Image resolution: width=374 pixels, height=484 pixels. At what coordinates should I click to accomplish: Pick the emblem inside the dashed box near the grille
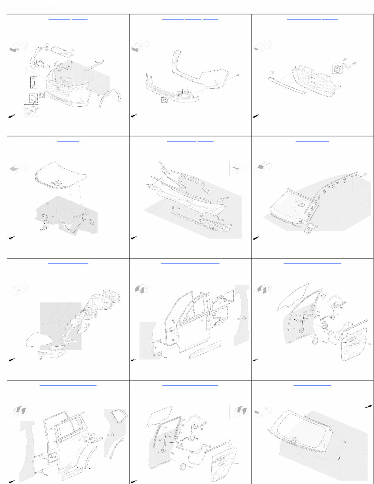tap(337, 68)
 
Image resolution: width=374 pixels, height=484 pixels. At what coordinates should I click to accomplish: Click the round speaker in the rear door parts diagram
tap(184, 467)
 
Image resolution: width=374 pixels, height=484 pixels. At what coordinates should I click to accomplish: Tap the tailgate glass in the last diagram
tap(300, 430)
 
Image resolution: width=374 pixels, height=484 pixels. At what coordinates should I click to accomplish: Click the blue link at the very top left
tap(31, 7)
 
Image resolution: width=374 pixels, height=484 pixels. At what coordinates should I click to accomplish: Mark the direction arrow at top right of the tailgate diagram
tap(368, 407)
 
